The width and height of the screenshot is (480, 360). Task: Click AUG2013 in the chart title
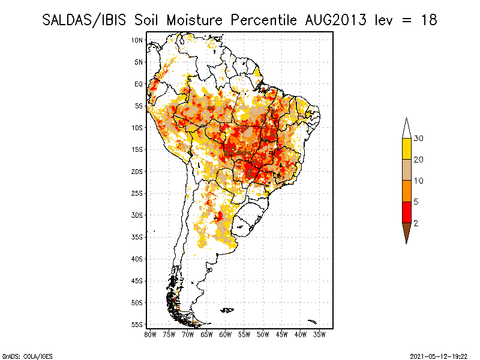click(x=333, y=20)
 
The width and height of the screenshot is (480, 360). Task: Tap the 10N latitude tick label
click(x=137, y=40)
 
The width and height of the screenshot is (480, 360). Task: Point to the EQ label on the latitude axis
click(x=138, y=84)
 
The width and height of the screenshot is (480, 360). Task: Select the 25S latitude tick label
click(x=137, y=193)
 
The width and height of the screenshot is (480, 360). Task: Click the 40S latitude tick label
click(x=137, y=259)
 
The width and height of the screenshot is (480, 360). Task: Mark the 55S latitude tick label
click(x=137, y=325)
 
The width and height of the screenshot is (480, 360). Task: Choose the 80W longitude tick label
click(x=150, y=334)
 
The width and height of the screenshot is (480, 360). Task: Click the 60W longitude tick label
click(x=226, y=334)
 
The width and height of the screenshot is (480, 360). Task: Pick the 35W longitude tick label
click(x=319, y=334)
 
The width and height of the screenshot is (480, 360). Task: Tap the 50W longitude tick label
click(x=263, y=334)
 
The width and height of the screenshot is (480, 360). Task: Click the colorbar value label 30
click(x=419, y=139)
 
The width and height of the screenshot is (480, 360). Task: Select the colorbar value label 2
click(x=416, y=223)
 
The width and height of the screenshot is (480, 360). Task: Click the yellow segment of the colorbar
click(x=406, y=149)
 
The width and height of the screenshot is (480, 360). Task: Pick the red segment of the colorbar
click(x=406, y=212)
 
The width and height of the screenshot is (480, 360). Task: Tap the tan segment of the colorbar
click(x=406, y=170)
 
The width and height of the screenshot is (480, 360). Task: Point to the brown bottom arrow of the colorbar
click(x=406, y=232)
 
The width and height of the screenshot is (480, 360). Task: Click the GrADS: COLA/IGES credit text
click(x=19, y=355)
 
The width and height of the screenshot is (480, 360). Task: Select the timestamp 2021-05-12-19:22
click(x=439, y=355)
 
